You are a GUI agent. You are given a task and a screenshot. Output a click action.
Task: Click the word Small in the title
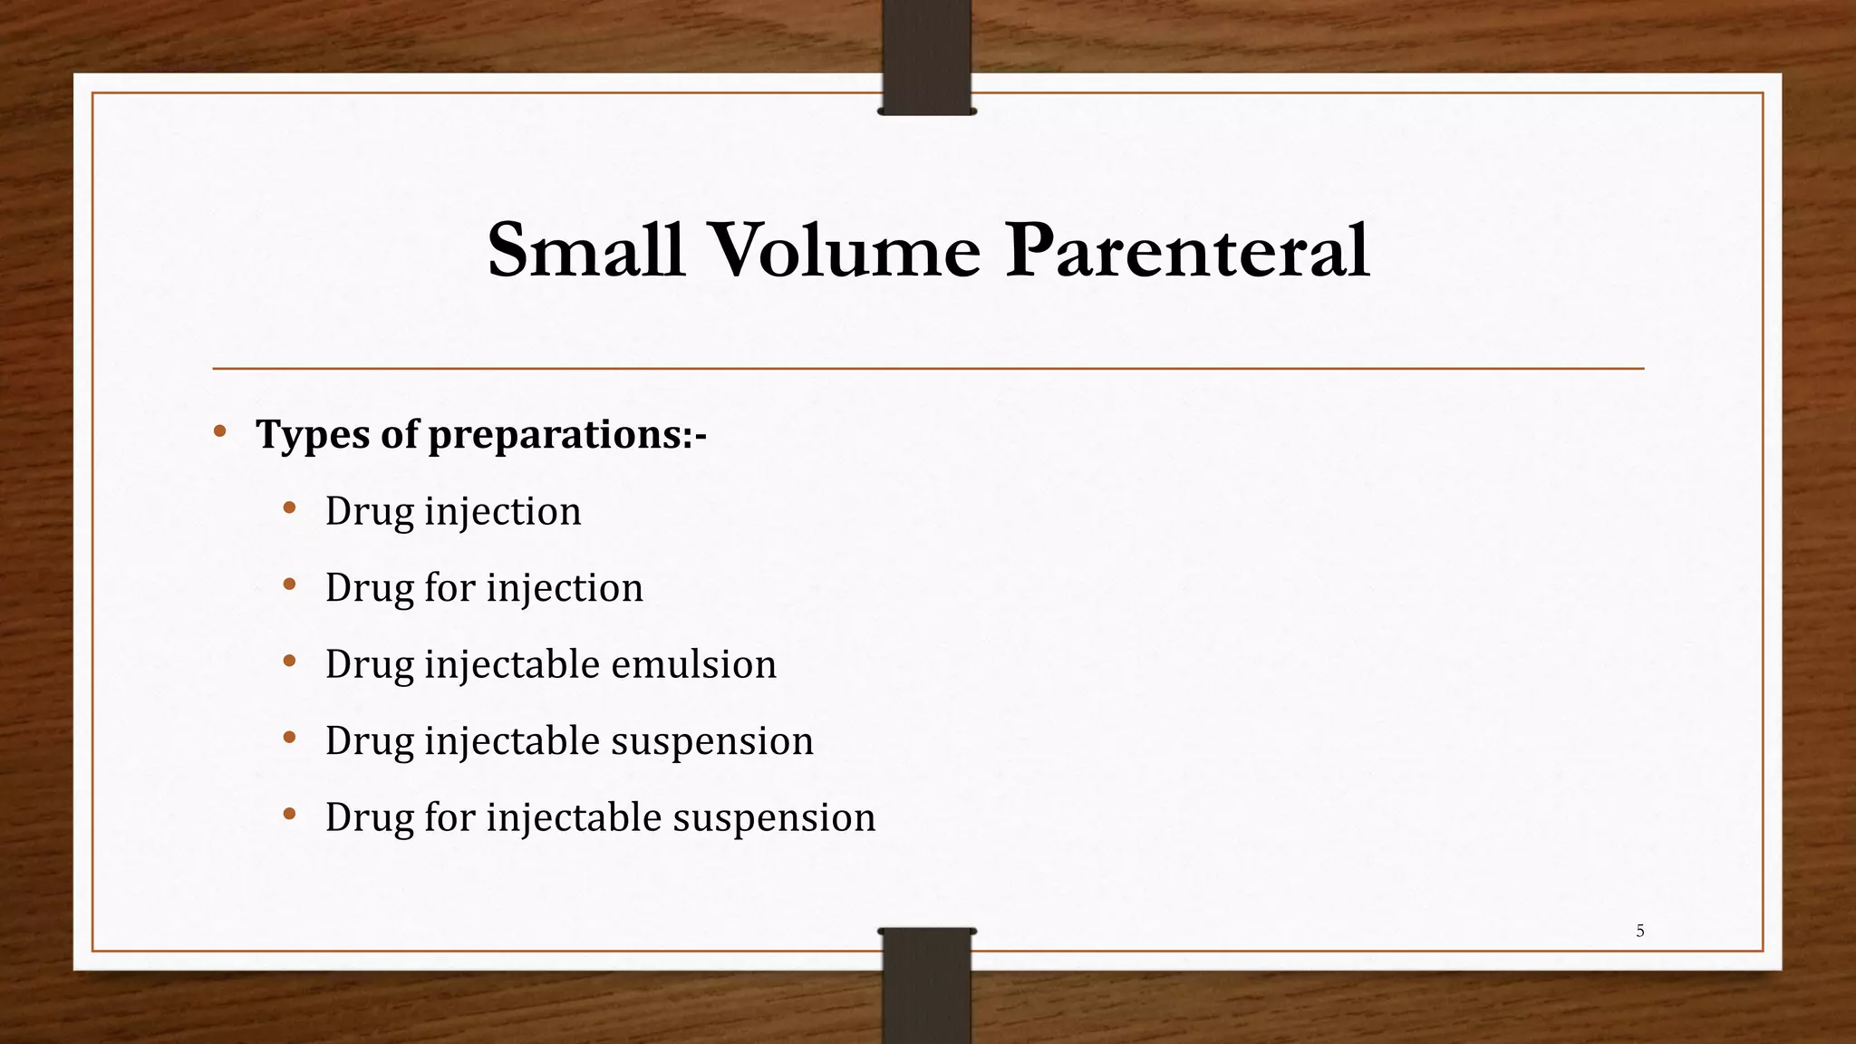(x=585, y=250)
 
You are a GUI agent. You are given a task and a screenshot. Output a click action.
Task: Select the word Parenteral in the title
(x=1187, y=250)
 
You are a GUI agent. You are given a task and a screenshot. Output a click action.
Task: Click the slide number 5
(x=1639, y=931)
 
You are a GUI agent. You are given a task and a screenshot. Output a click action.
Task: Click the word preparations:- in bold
(x=566, y=435)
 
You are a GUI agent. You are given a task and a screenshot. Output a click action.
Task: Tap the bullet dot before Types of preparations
(x=220, y=431)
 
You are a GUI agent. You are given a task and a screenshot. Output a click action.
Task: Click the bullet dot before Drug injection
(x=289, y=507)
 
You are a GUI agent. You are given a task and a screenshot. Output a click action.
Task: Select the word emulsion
(x=693, y=664)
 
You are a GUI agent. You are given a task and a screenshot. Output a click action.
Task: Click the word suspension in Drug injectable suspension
(x=711, y=741)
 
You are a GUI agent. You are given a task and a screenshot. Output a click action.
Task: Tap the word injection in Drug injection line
(x=503, y=512)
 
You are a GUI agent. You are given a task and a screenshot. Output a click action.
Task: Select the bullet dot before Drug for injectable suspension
(x=289, y=814)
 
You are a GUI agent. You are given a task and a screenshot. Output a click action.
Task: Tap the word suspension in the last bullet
(x=774, y=817)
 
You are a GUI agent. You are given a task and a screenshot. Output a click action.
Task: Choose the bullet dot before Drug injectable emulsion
(x=289, y=661)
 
